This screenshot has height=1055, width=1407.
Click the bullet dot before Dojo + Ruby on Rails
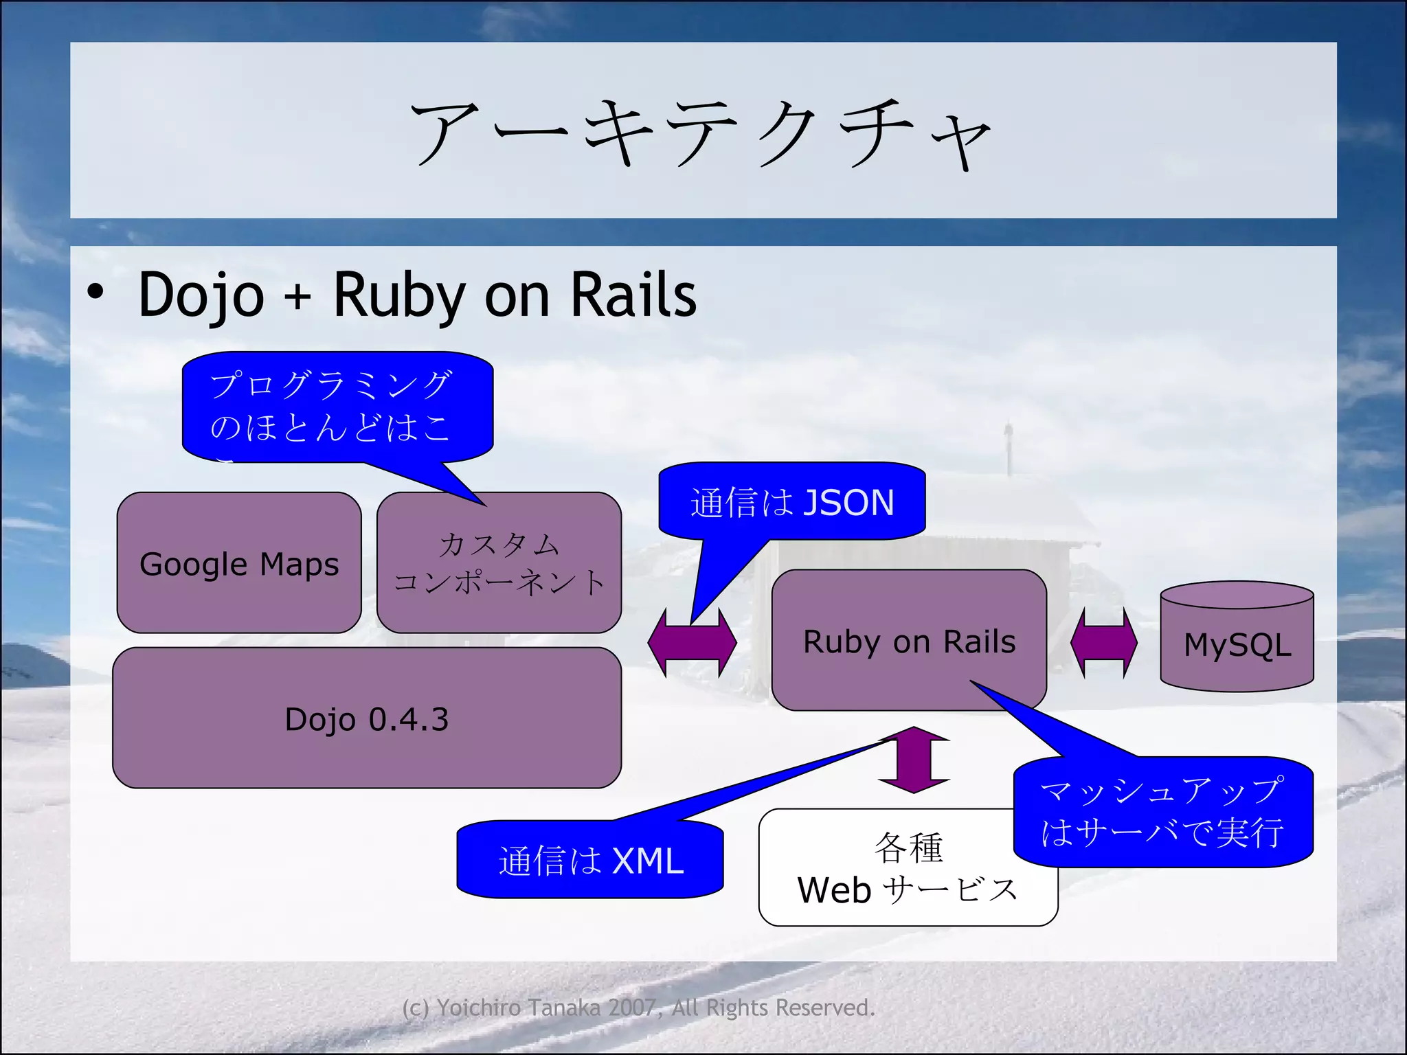[x=95, y=292]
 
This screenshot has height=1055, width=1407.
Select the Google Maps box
[x=238, y=563]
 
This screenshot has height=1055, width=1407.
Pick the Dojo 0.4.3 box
[x=366, y=719]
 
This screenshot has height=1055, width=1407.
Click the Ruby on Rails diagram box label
[x=908, y=642]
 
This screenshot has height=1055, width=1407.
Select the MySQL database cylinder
[x=1237, y=639]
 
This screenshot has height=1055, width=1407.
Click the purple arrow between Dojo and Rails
[x=692, y=642]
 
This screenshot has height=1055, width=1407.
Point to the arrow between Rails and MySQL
[x=1103, y=643]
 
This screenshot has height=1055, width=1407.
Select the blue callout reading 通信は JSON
[x=791, y=502]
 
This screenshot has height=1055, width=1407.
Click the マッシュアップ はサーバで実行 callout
[x=1162, y=812]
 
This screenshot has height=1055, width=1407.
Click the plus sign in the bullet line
[x=298, y=297]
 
